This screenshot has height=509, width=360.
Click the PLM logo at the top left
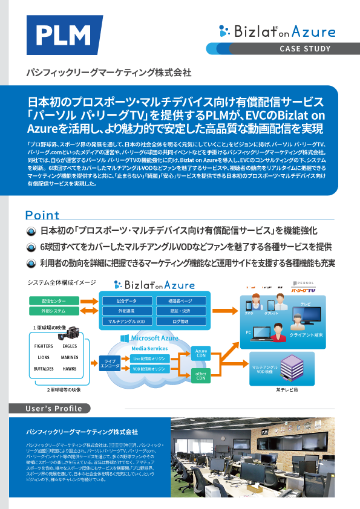click(63, 35)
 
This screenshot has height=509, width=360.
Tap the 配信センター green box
click(54, 300)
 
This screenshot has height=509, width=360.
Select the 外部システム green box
click(54, 311)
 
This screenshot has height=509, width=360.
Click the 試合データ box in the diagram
click(127, 300)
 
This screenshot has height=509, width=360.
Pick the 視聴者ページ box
click(180, 300)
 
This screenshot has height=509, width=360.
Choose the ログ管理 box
click(180, 321)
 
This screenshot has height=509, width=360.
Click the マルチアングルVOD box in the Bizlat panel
click(127, 321)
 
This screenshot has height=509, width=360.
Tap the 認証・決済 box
click(180, 311)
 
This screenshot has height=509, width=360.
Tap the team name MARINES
click(70, 357)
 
